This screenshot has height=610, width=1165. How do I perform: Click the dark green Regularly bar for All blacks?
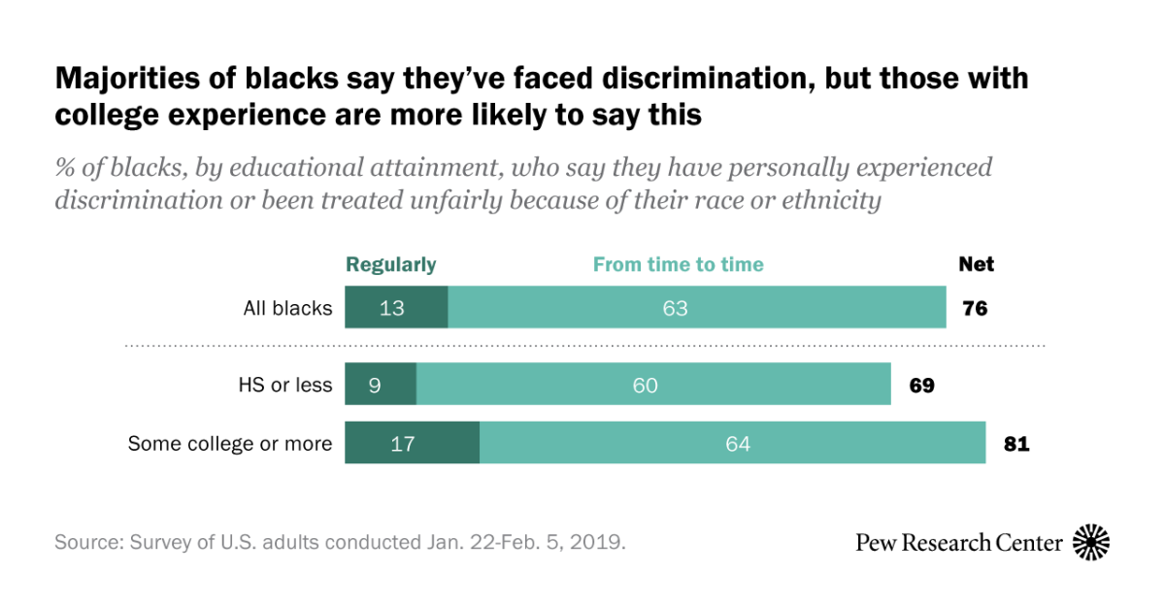396,308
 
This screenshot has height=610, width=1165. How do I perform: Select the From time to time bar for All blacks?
696,308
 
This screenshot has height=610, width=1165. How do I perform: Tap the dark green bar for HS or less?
381,385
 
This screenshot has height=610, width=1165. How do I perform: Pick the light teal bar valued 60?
653,385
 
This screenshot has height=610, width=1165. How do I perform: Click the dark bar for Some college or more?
412,443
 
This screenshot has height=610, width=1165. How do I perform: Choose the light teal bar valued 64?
732,443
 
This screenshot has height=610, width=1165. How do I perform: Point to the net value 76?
975,309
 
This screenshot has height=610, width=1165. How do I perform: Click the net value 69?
921,386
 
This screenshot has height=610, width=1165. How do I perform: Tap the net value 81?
1015,444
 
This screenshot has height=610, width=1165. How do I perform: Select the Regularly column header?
391,264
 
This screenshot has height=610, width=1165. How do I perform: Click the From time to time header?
678,264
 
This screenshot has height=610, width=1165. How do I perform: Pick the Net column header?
976,264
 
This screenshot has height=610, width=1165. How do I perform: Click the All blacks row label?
287,309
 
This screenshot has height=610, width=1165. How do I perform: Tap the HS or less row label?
285,386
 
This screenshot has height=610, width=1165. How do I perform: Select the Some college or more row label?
230,444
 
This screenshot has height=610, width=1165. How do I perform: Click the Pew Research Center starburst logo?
1091,542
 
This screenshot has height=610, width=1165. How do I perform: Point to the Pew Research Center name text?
958,542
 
